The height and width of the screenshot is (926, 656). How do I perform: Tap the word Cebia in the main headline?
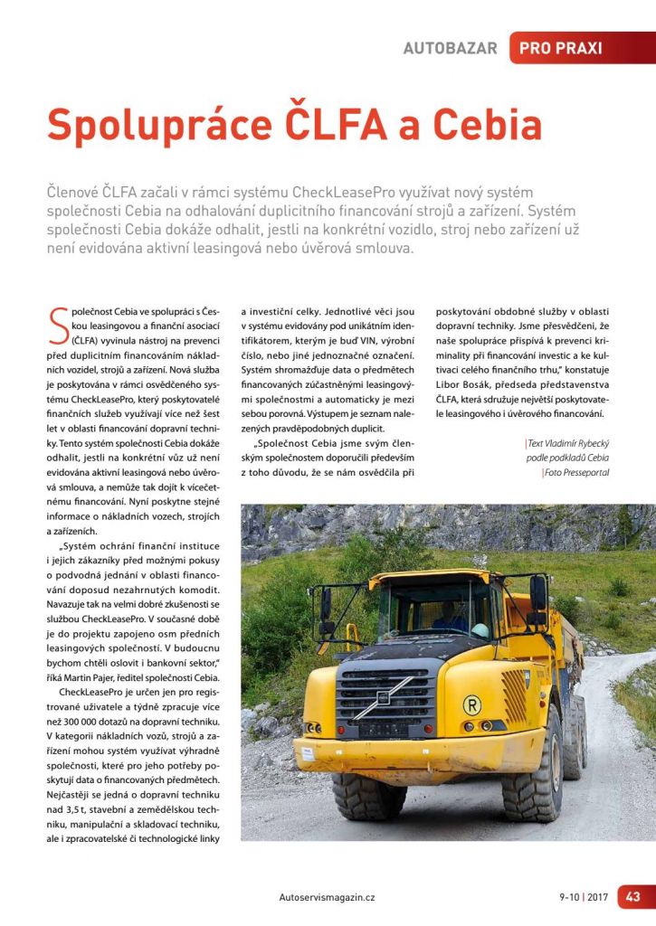tap(489, 125)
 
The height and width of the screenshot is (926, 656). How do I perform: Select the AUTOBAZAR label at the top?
tap(450, 48)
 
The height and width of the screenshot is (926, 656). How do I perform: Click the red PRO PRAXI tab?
tap(561, 48)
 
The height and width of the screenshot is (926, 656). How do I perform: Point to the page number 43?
tap(632, 896)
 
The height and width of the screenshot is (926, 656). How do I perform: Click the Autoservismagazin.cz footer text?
tap(328, 897)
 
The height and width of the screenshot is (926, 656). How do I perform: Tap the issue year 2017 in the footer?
tap(597, 897)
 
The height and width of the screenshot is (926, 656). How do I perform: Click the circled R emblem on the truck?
tap(471, 704)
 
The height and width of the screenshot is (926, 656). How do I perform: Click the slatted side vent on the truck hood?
tap(515, 694)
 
